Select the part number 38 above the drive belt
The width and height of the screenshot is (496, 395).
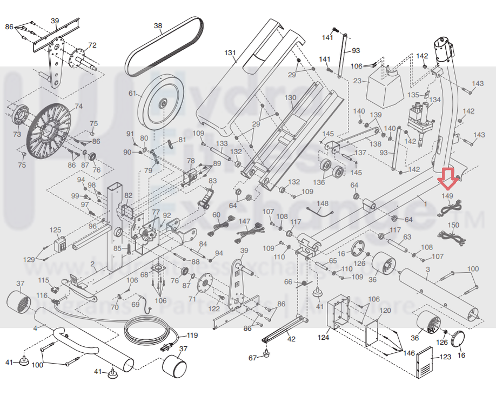[158, 25]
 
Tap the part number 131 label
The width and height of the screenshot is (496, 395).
[231, 53]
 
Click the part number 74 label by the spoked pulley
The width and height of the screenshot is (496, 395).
[78, 106]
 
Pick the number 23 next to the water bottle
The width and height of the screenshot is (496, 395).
[357, 81]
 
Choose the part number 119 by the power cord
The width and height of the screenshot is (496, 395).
[192, 335]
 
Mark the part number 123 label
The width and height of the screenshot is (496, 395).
[445, 357]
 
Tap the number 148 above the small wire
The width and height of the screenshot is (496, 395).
[322, 203]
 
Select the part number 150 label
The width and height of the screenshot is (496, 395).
[454, 225]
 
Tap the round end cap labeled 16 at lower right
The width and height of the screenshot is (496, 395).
[460, 339]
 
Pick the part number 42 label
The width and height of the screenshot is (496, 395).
[291, 339]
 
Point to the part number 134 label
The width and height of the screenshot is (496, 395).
[435, 100]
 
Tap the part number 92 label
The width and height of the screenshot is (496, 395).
[166, 215]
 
